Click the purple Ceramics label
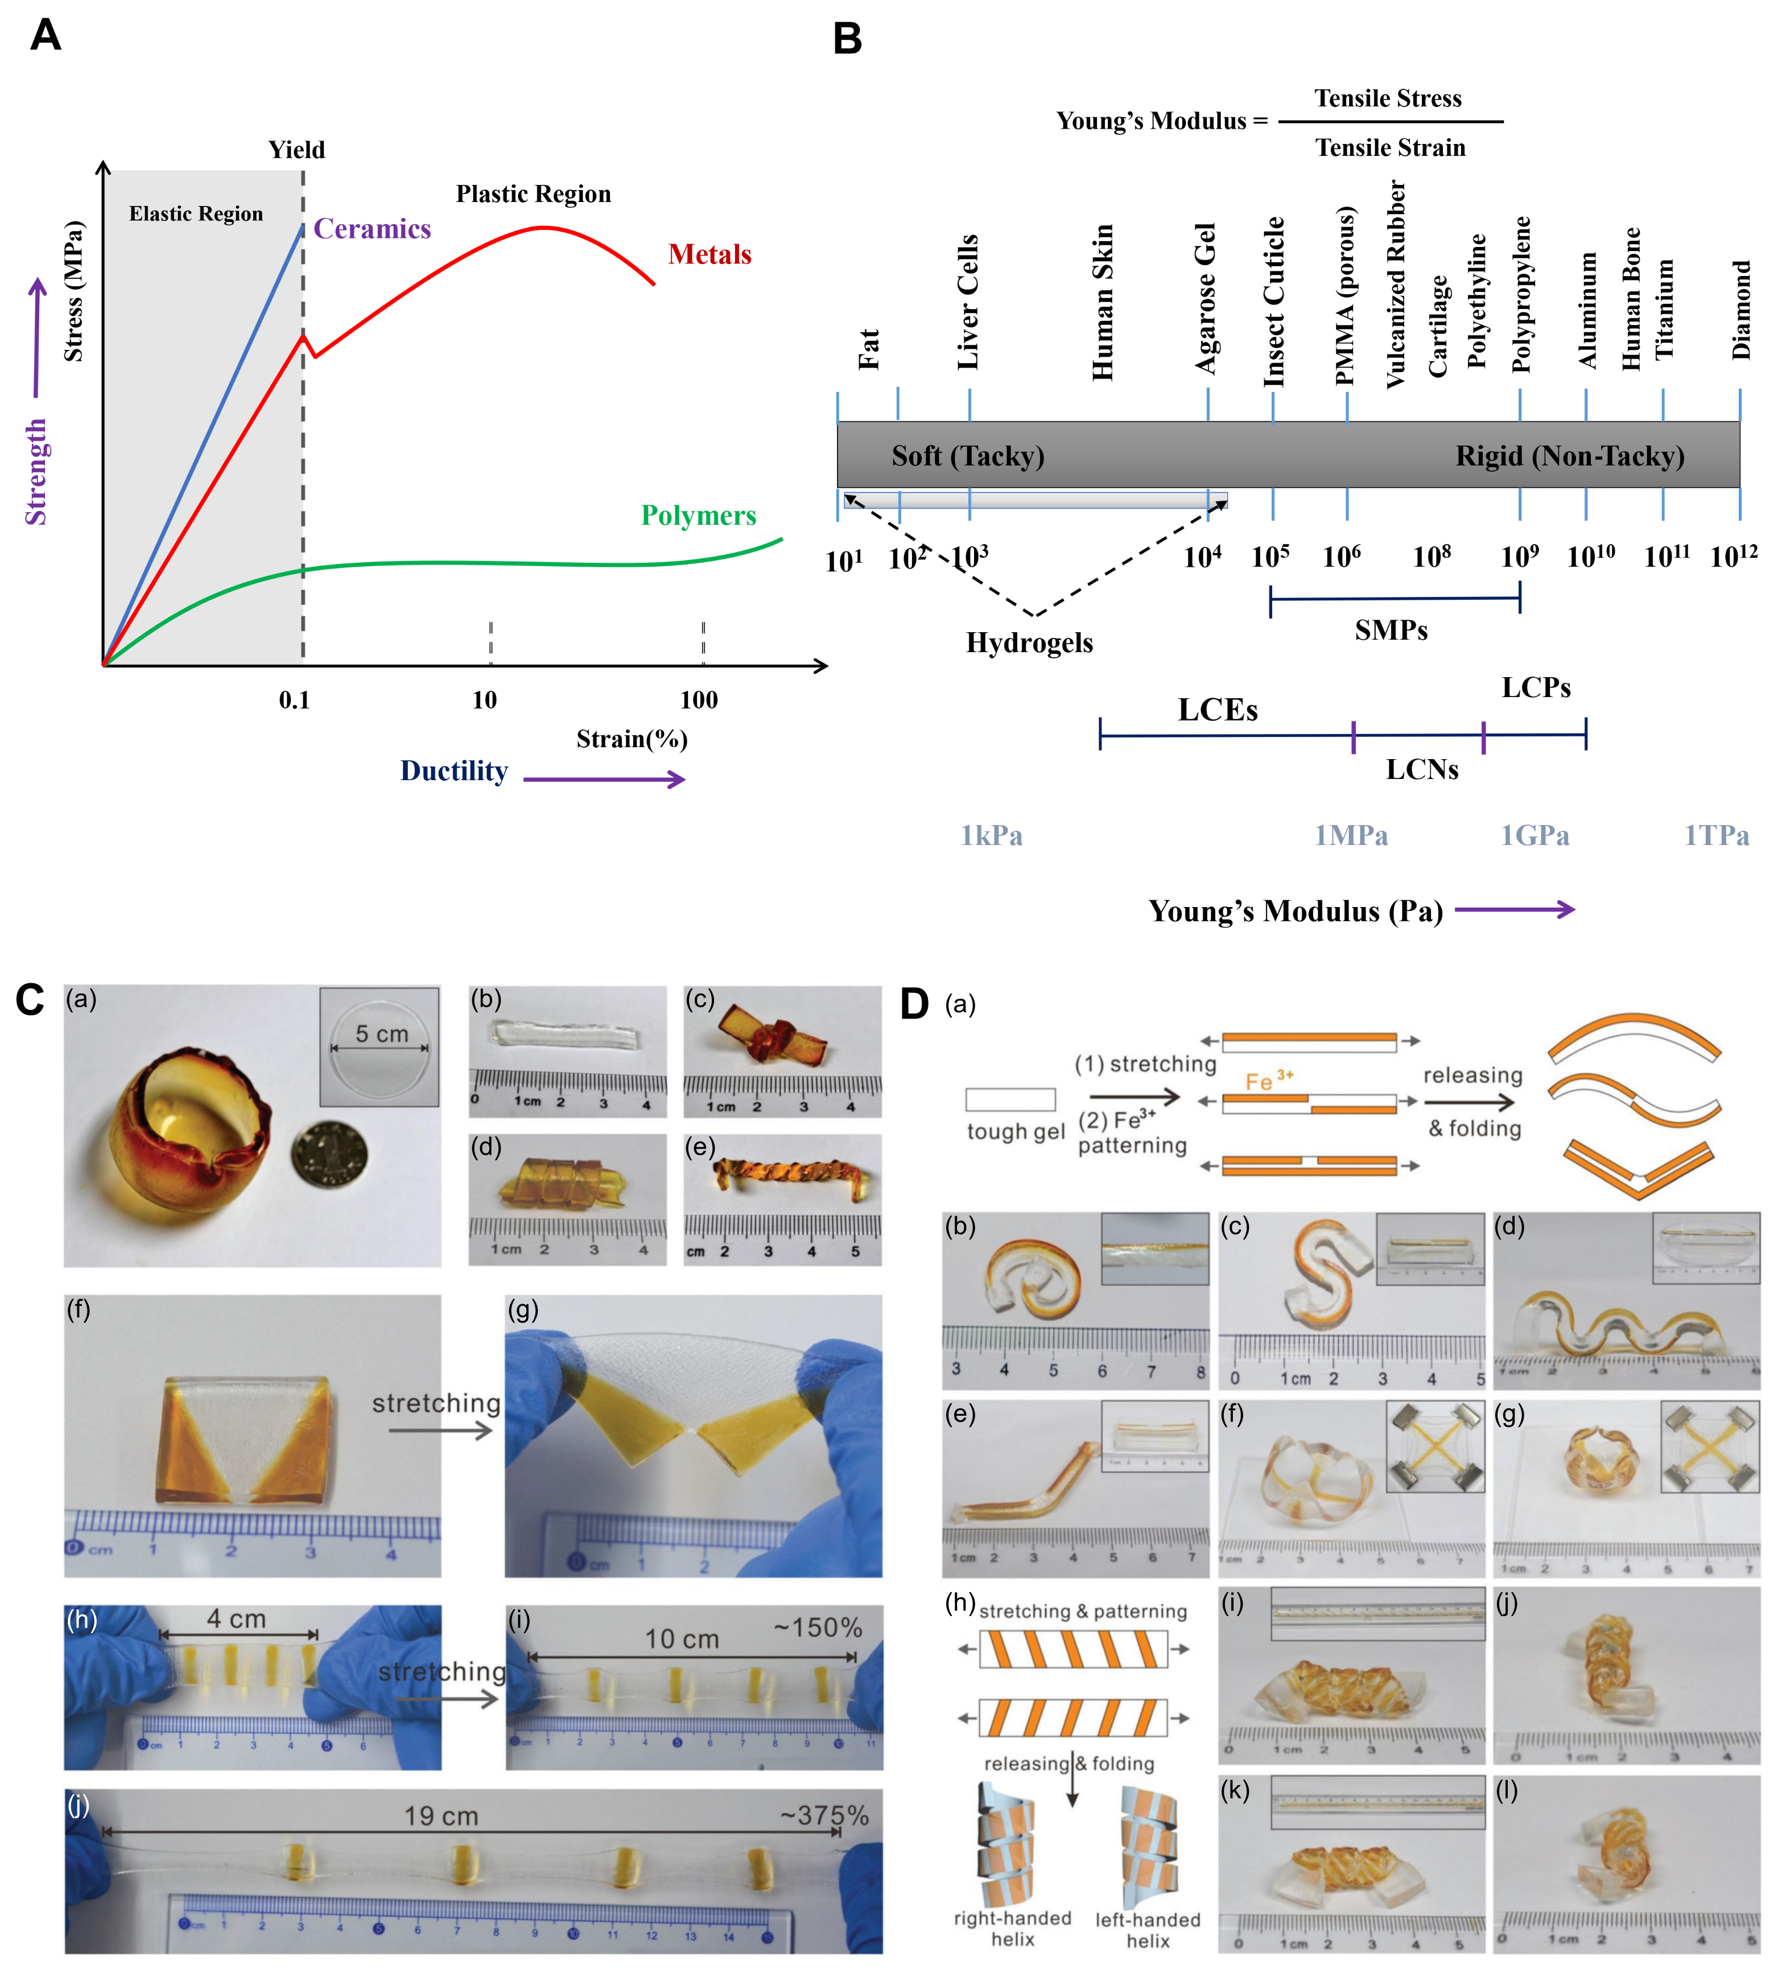(x=372, y=229)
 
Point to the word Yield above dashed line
(x=296, y=150)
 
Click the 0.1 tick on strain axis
(x=294, y=699)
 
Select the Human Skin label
(x=1103, y=302)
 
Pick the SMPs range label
(x=1391, y=631)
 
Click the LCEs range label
(x=1217, y=710)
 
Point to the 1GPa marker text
(x=1534, y=835)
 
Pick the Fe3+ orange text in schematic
(x=1268, y=1081)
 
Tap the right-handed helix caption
(x=1012, y=1928)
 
